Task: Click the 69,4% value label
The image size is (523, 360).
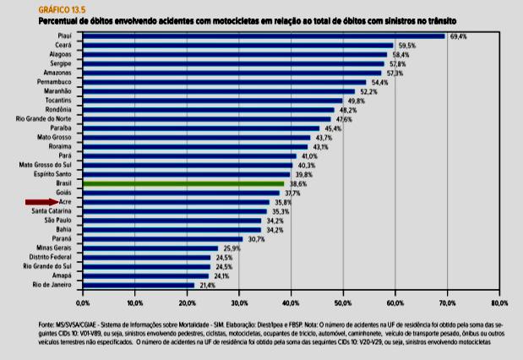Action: pyautogui.click(x=459, y=36)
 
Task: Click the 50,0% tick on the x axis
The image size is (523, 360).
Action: pyautogui.click(x=343, y=302)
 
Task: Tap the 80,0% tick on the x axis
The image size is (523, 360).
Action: pyautogui.click(x=499, y=302)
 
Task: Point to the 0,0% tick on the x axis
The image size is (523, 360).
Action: pyautogui.click(x=83, y=302)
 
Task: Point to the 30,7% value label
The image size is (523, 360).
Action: pyautogui.click(x=256, y=239)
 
